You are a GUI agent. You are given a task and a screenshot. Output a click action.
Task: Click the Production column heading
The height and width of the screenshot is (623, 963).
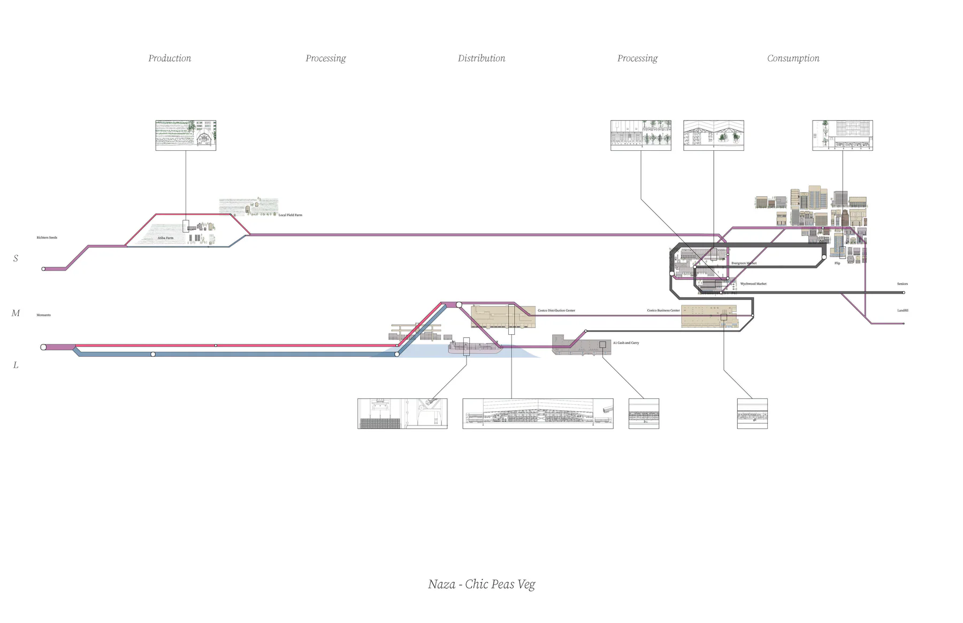click(x=170, y=58)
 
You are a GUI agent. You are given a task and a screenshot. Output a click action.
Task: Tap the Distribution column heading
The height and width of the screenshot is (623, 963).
click(x=481, y=58)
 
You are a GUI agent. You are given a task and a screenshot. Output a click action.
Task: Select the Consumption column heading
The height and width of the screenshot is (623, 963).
click(x=793, y=58)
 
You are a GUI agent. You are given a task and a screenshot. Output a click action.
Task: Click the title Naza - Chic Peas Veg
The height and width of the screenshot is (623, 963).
click(x=481, y=584)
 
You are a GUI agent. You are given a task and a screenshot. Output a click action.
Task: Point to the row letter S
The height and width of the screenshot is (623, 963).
click(x=16, y=258)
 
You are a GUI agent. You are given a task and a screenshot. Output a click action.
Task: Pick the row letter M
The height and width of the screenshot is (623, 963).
click(x=16, y=313)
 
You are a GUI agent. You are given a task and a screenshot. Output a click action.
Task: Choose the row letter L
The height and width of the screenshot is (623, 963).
click(x=16, y=365)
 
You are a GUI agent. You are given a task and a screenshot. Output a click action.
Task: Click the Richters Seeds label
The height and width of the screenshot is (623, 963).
click(x=47, y=237)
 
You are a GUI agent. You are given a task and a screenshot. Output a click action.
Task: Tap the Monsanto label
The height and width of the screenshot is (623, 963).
click(x=43, y=315)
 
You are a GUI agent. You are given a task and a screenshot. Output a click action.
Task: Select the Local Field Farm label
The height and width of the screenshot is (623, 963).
click(x=290, y=215)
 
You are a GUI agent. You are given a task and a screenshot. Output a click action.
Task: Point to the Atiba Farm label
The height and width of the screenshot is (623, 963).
click(x=165, y=238)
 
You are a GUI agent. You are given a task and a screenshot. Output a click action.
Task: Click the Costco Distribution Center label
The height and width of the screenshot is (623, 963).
click(x=556, y=310)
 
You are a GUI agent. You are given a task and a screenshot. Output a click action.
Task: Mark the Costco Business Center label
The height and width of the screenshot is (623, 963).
click(x=663, y=310)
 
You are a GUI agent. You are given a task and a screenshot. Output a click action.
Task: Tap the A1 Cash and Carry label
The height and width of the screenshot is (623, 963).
click(x=626, y=343)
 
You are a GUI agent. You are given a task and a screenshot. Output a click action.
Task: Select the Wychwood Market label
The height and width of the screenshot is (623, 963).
click(x=753, y=284)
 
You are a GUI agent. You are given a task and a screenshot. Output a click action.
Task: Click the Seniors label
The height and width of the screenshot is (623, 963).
click(x=902, y=284)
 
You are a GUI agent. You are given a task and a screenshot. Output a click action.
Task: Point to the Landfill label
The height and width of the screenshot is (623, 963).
click(x=903, y=310)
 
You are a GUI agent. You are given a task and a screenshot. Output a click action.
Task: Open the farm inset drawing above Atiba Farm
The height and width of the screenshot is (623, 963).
click(x=186, y=135)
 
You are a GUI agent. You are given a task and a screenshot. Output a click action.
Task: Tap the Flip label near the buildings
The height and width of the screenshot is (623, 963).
click(x=837, y=263)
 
